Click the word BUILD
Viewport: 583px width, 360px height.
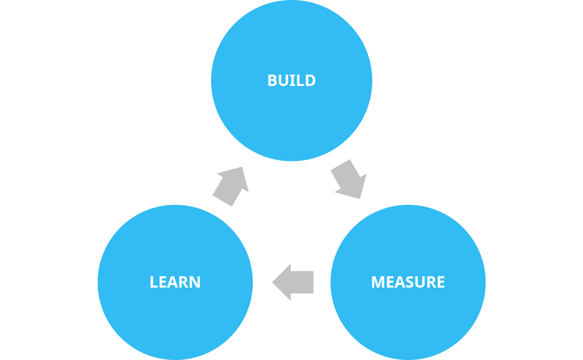tap(291, 80)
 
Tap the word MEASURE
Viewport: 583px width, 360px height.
tap(408, 282)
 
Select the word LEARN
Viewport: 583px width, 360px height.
tap(175, 282)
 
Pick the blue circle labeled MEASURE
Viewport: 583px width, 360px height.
tap(408, 315)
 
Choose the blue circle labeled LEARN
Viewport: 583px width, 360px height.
tap(175, 315)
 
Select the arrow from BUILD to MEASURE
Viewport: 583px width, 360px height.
tap(348, 179)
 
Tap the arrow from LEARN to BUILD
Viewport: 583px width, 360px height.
tap(231, 186)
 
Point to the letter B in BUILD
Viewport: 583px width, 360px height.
tap(272, 80)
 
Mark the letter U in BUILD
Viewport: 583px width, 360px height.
tap(283, 80)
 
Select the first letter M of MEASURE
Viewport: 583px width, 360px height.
tap(378, 282)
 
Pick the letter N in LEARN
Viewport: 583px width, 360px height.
tap(195, 282)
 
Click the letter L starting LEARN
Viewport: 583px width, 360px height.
tap(153, 282)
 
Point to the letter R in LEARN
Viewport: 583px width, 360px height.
tap(184, 282)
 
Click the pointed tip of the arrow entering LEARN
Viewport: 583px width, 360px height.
tap(273, 282)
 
